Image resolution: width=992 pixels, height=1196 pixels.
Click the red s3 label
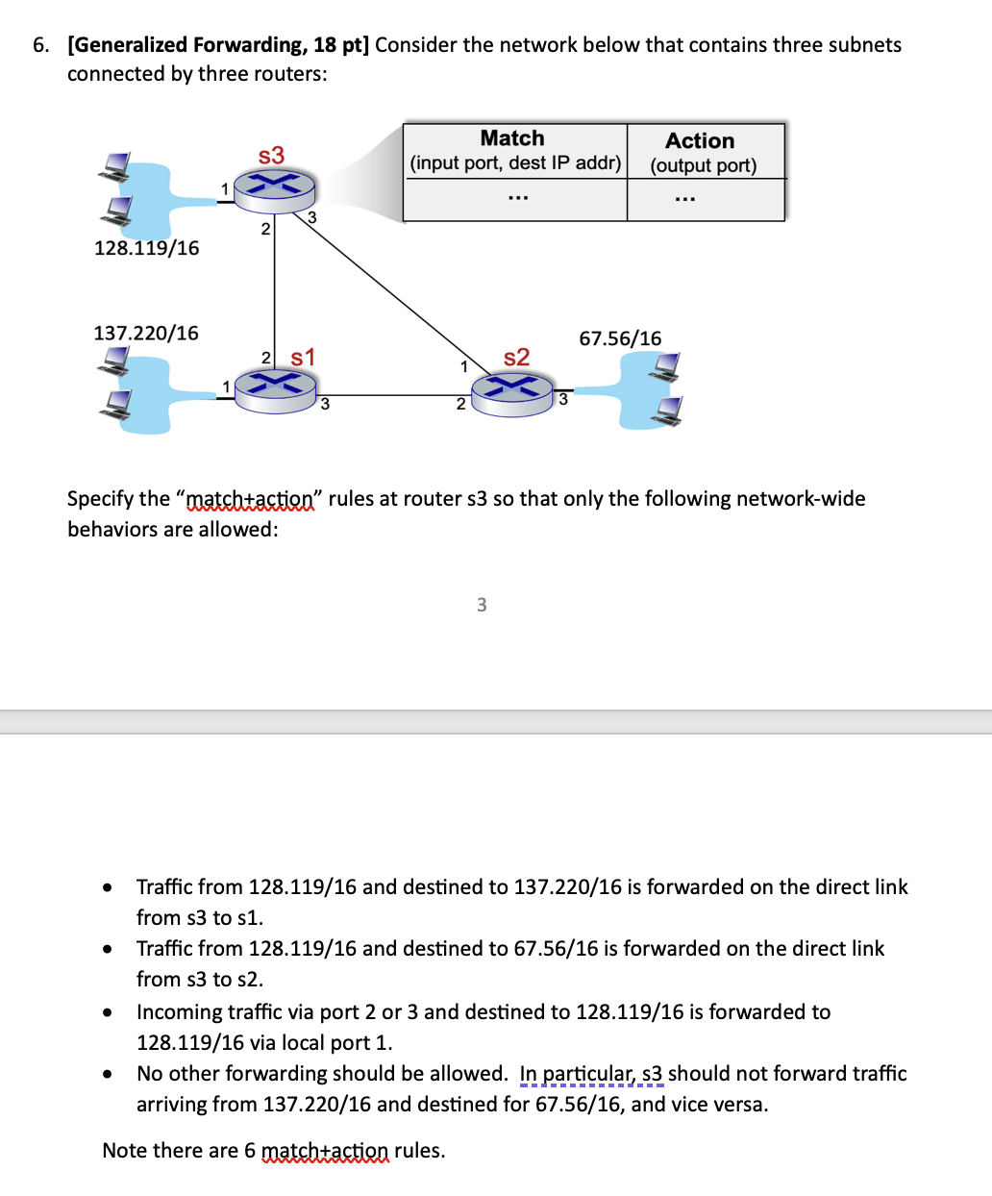pos(271,156)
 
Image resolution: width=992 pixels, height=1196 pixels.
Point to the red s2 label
pos(516,358)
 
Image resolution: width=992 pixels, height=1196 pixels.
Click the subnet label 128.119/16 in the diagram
pos(147,248)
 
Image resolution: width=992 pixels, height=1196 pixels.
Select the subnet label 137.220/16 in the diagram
pos(146,333)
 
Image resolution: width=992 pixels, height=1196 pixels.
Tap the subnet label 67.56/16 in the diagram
pos(620,338)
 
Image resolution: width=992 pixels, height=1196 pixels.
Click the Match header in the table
pos(512,138)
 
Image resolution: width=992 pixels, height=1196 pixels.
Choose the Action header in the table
pos(700,140)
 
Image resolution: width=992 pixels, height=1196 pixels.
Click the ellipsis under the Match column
pos(517,199)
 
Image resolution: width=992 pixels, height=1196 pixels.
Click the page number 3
pos(482,605)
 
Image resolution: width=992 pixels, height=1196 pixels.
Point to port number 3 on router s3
pos(311,218)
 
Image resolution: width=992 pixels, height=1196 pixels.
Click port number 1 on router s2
pos(463,366)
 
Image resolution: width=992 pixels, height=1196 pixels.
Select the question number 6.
pos(40,45)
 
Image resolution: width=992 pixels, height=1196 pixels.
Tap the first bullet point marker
pos(109,887)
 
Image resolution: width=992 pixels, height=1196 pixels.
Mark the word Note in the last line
pos(124,1151)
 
